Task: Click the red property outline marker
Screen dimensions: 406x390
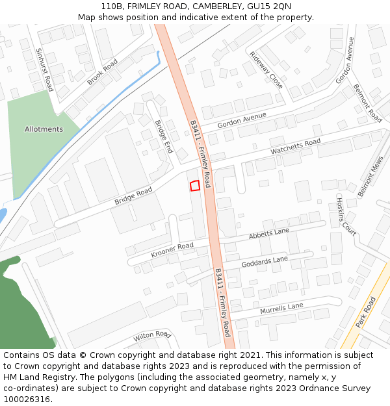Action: pos(194,186)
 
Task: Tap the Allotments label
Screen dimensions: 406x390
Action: pos(44,129)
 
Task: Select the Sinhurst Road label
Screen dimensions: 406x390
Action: pos(45,69)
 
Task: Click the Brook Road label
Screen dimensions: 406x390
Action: pos(102,72)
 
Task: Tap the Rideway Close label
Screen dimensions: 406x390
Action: pos(266,70)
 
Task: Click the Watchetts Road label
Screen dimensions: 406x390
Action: pos(296,146)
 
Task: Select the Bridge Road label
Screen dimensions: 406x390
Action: pos(133,196)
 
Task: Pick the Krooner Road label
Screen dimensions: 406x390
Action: pos(172,249)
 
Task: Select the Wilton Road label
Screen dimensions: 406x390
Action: pos(151,336)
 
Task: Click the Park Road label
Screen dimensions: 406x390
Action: pos(366,312)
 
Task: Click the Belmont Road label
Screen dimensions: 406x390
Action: pos(367,103)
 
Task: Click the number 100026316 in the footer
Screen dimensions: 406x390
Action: pos(28,400)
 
